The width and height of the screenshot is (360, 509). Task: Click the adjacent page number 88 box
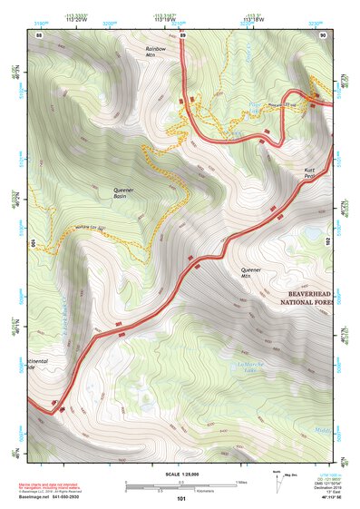39,34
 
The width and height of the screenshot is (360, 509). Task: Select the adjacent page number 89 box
182,34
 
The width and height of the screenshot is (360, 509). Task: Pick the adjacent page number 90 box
325,34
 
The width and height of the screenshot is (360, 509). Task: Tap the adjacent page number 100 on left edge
32,243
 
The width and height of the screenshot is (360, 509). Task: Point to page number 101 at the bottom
181,498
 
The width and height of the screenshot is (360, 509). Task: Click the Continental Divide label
44,364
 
